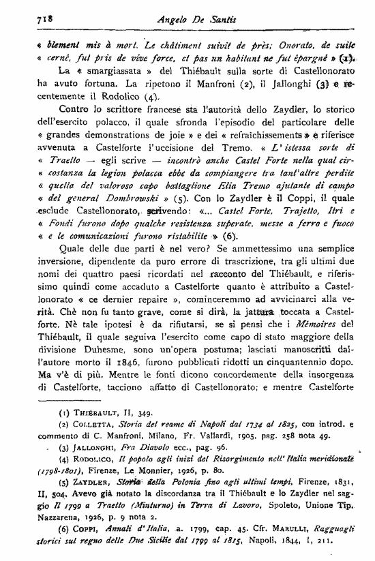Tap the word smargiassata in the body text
click(97, 71)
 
